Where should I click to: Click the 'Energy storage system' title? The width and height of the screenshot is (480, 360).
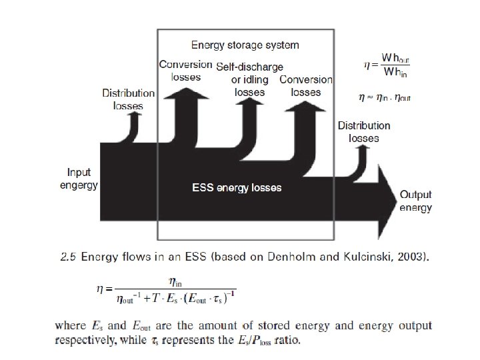click(x=245, y=45)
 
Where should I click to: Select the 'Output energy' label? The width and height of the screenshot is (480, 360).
click(x=415, y=201)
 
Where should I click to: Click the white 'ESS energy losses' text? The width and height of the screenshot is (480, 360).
click(x=237, y=188)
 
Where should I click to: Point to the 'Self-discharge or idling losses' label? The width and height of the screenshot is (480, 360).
click(x=250, y=79)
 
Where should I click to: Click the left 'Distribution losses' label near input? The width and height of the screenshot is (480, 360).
click(x=128, y=100)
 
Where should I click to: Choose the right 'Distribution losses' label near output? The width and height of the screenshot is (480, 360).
click(x=363, y=131)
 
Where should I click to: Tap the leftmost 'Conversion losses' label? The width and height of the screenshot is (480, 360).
click(x=180, y=70)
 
